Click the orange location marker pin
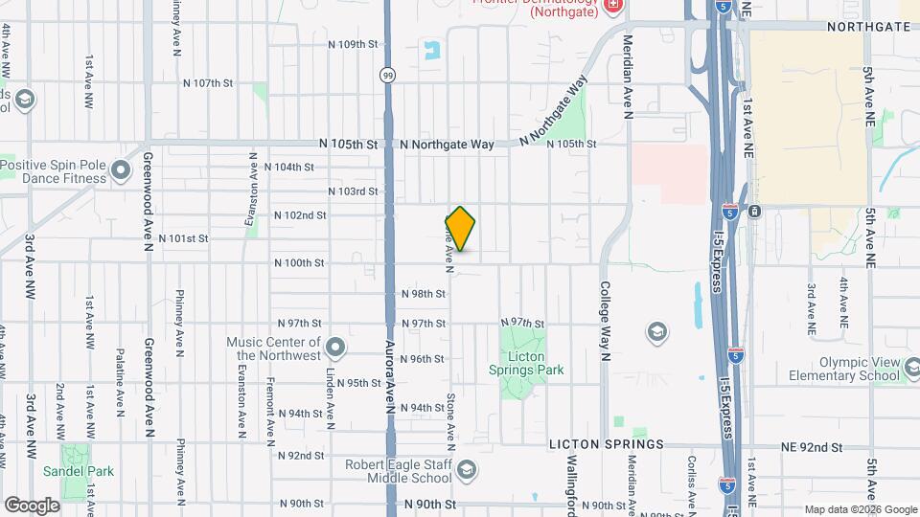(x=461, y=229)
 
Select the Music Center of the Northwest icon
(x=335, y=346)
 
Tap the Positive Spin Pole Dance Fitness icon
(x=121, y=170)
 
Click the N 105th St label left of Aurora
(x=349, y=145)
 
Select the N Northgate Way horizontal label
(x=448, y=145)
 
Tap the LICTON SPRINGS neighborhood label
(x=607, y=445)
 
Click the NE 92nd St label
(x=809, y=447)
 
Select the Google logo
(x=32, y=505)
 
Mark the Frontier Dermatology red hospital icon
(x=613, y=6)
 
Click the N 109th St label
(x=355, y=45)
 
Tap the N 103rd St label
(x=353, y=191)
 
